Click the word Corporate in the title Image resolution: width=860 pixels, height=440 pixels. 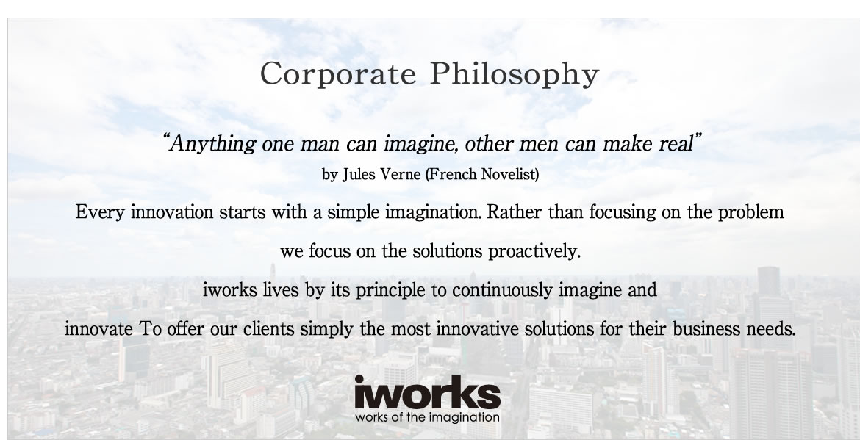[x=338, y=74]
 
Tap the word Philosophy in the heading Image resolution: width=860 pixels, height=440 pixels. [x=515, y=74]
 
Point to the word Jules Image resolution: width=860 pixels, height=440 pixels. [x=359, y=174]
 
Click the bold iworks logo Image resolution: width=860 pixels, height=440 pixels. [x=427, y=392]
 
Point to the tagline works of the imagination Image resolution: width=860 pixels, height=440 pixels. [x=427, y=417]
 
